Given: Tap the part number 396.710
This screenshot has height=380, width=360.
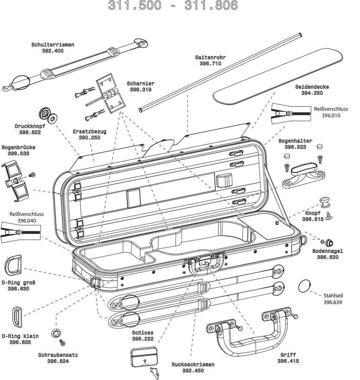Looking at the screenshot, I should (210, 63).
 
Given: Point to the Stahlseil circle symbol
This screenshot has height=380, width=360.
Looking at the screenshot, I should (304, 287).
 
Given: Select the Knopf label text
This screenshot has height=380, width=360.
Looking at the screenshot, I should (312, 214).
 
